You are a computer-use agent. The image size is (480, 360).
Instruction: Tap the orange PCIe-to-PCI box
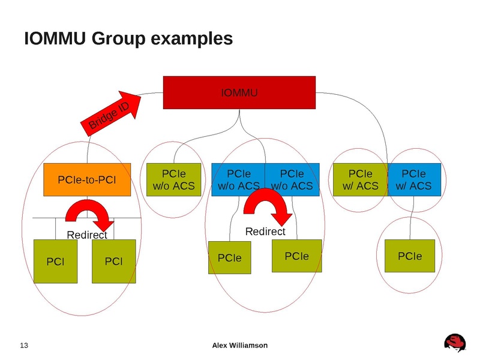[x=87, y=180]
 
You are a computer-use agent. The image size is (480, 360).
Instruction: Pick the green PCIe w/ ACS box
[x=360, y=180]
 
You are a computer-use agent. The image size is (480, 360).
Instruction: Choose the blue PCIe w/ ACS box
[x=414, y=180]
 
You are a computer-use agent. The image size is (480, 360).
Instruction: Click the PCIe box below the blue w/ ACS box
[x=410, y=256]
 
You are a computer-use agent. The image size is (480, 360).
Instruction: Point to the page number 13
[x=25, y=345]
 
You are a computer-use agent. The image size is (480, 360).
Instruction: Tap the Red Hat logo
[x=455, y=343]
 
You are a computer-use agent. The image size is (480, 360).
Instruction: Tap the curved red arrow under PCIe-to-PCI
[x=89, y=214]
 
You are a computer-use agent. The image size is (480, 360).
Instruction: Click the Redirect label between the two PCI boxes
[x=86, y=235]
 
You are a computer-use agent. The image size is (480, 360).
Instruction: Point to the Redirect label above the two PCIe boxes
[x=266, y=232]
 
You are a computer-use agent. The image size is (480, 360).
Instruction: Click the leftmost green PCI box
[x=55, y=261]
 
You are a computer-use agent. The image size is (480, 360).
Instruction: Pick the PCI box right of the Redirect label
[x=113, y=261]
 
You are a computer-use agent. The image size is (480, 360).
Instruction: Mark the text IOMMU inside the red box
[x=239, y=93]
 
